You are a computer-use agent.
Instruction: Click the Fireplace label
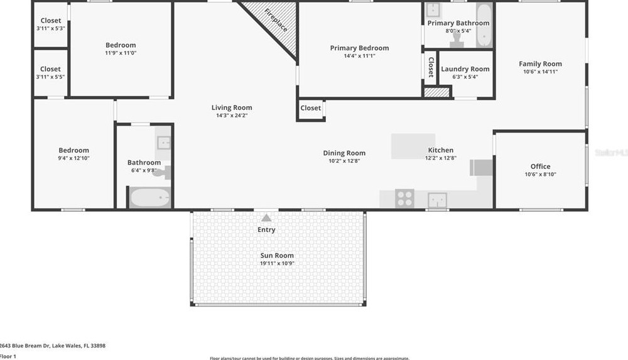click(275, 20)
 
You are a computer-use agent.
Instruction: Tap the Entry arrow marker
click(266, 218)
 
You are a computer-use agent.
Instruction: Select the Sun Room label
click(277, 256)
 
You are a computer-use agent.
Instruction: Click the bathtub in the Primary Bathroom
click(484, 26)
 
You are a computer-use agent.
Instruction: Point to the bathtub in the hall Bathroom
click(150, 198)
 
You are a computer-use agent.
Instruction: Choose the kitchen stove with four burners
click(405, 198)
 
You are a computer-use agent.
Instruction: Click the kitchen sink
click(438, 200)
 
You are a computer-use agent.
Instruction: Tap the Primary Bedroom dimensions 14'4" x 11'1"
click(359, 56)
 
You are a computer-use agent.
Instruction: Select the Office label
click(540, 166)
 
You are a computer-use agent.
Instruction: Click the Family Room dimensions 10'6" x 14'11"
click(540, 72)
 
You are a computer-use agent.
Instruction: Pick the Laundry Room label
click(465, 69)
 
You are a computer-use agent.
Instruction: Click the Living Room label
click(232, 107)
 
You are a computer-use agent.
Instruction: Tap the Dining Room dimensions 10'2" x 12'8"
click(344, 161)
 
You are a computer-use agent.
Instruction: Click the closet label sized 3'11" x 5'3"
click(51, 28)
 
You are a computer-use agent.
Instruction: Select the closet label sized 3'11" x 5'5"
click(51, 77)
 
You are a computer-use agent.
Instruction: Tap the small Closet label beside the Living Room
click(310, 108)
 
